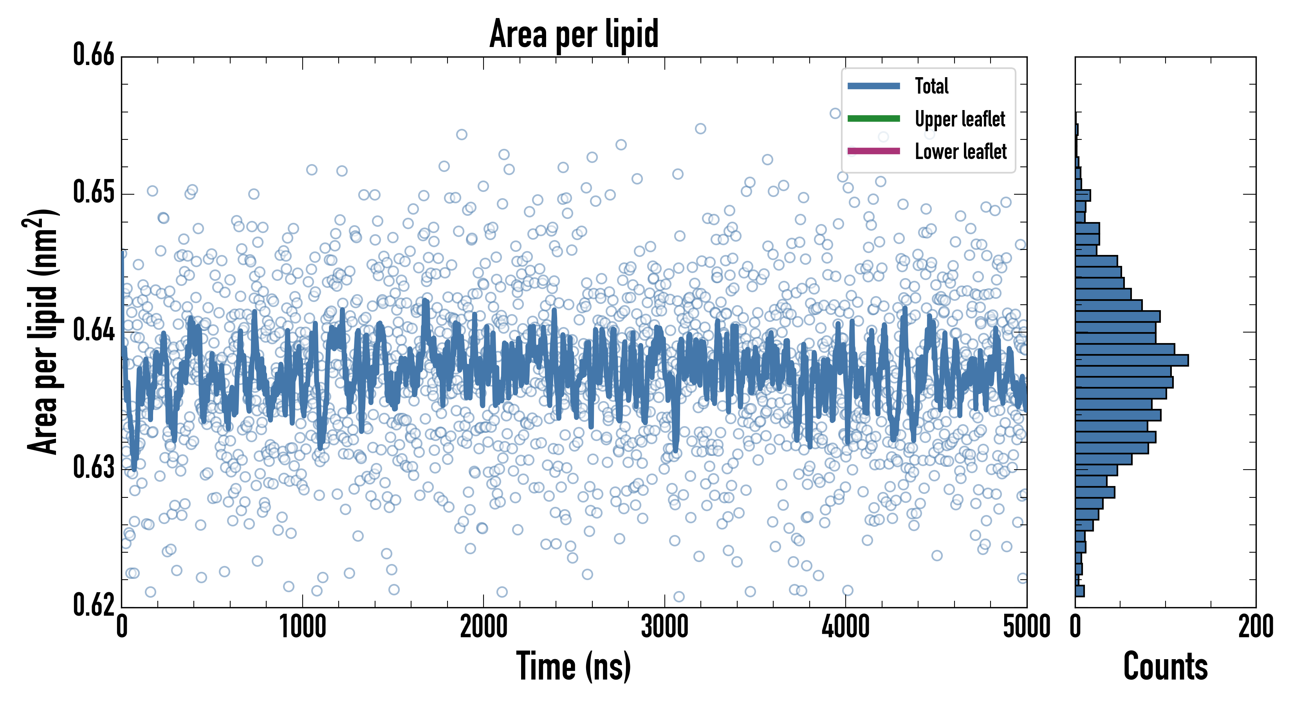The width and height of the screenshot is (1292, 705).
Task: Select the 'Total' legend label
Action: point(931,86)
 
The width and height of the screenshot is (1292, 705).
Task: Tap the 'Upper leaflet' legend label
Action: point(960,119)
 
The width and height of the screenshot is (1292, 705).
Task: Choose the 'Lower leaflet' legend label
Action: point(960,152)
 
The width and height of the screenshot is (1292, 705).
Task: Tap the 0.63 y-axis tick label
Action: point(94,467)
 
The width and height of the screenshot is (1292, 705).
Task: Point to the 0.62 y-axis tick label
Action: point(94,605)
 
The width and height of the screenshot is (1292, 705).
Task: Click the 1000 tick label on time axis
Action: point(302,627)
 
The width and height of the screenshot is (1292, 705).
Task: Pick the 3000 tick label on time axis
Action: point(664,627)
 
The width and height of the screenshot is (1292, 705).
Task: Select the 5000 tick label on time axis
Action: point(1026,627)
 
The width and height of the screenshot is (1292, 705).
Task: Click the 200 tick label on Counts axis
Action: point(1255,627)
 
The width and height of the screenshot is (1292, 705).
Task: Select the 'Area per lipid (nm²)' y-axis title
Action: point(43,331)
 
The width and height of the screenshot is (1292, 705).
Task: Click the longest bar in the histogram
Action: point(1131,360)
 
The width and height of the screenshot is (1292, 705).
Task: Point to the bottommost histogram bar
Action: point(1080,591)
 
